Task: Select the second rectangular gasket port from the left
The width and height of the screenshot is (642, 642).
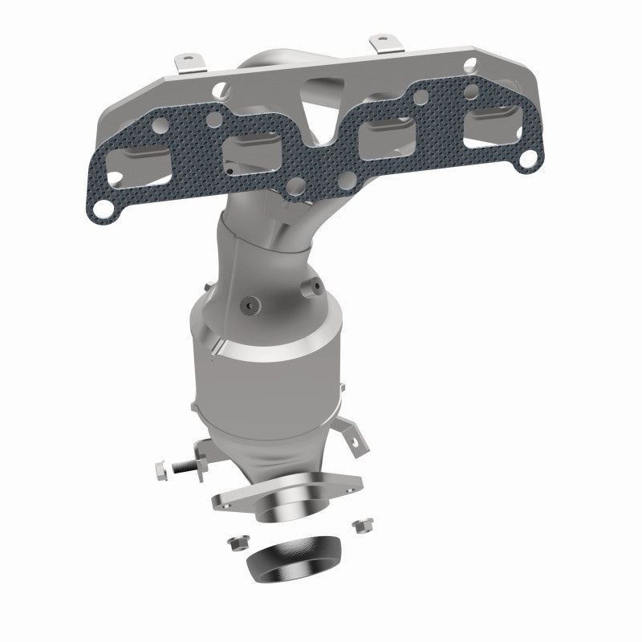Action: pos(252,147)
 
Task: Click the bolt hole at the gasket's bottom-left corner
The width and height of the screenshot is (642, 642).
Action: pos(103,208)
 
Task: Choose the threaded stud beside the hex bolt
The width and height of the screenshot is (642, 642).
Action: pos(186,465)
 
